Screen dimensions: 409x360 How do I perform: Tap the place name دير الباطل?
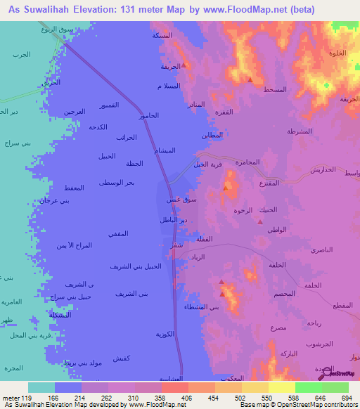tap(174, 221)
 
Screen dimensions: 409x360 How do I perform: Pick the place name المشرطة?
tap(300, 131)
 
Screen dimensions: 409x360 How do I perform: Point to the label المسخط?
tap(274, 90)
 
